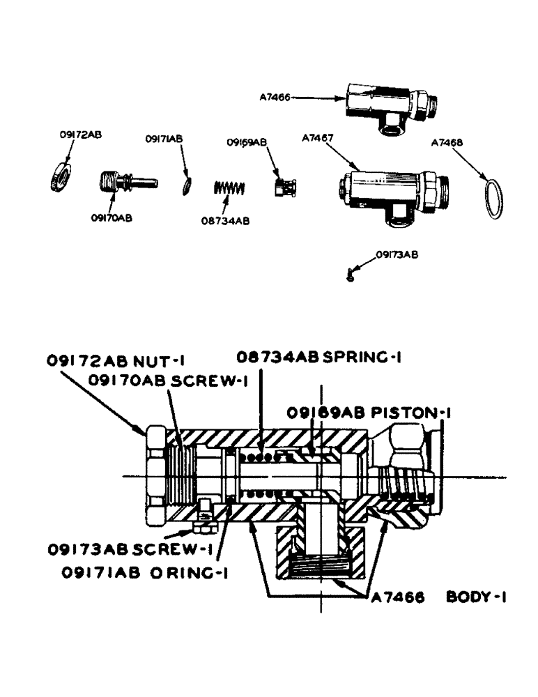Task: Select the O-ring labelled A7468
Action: [x=493, y=199]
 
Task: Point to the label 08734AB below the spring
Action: [x=225, y=220]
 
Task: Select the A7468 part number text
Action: [x=447, y=142]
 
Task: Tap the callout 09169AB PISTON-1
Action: [x=369, y=413]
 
